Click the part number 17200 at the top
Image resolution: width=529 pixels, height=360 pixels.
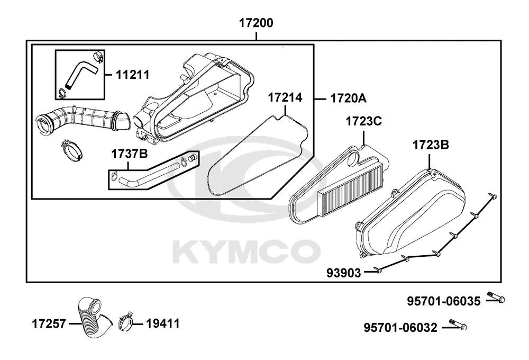(256, 23)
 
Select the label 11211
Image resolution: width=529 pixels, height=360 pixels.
(133, 75)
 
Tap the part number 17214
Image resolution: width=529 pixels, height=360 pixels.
(285, 97)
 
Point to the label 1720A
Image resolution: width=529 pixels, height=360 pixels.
(348, 98)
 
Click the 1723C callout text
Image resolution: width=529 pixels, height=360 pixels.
(364, 121)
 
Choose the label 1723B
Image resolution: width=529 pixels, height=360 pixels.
(431, 145)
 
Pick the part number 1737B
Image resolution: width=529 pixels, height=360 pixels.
(130, 154)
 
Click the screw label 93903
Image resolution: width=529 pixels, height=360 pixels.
(344, 273)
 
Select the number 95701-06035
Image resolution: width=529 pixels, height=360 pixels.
(443, 301)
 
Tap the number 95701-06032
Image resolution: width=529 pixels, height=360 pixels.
(400, 327)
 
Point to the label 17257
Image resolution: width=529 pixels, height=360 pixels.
(49, 323)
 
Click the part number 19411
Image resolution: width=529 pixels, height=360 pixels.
(162, 323)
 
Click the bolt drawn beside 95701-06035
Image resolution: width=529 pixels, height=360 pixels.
(497, 297)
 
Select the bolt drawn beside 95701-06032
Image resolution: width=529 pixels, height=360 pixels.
(459, 324)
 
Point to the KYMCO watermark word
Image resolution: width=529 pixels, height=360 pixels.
(246, 251)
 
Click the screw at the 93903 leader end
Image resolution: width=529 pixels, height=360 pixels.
(378, 269)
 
